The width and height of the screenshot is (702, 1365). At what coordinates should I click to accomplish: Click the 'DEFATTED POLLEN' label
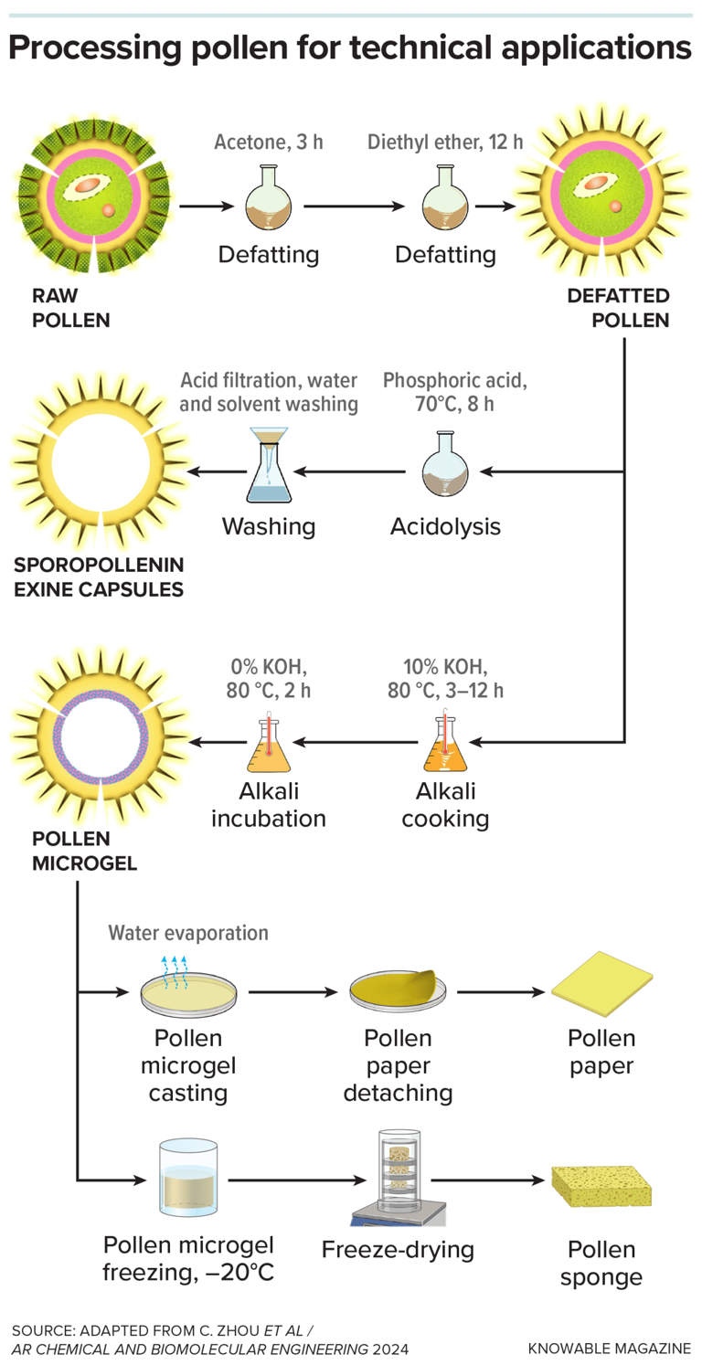[x=618, y=308]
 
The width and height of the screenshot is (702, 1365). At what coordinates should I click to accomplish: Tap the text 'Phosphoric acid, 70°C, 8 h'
[x=443, y=391]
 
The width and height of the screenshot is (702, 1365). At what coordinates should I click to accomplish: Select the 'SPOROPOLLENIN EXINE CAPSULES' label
[x=98, y=576]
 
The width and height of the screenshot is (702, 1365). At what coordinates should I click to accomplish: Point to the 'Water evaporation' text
[x=188, y=932]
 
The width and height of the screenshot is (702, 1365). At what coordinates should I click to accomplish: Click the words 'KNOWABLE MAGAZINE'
[x=609, y=1348]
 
